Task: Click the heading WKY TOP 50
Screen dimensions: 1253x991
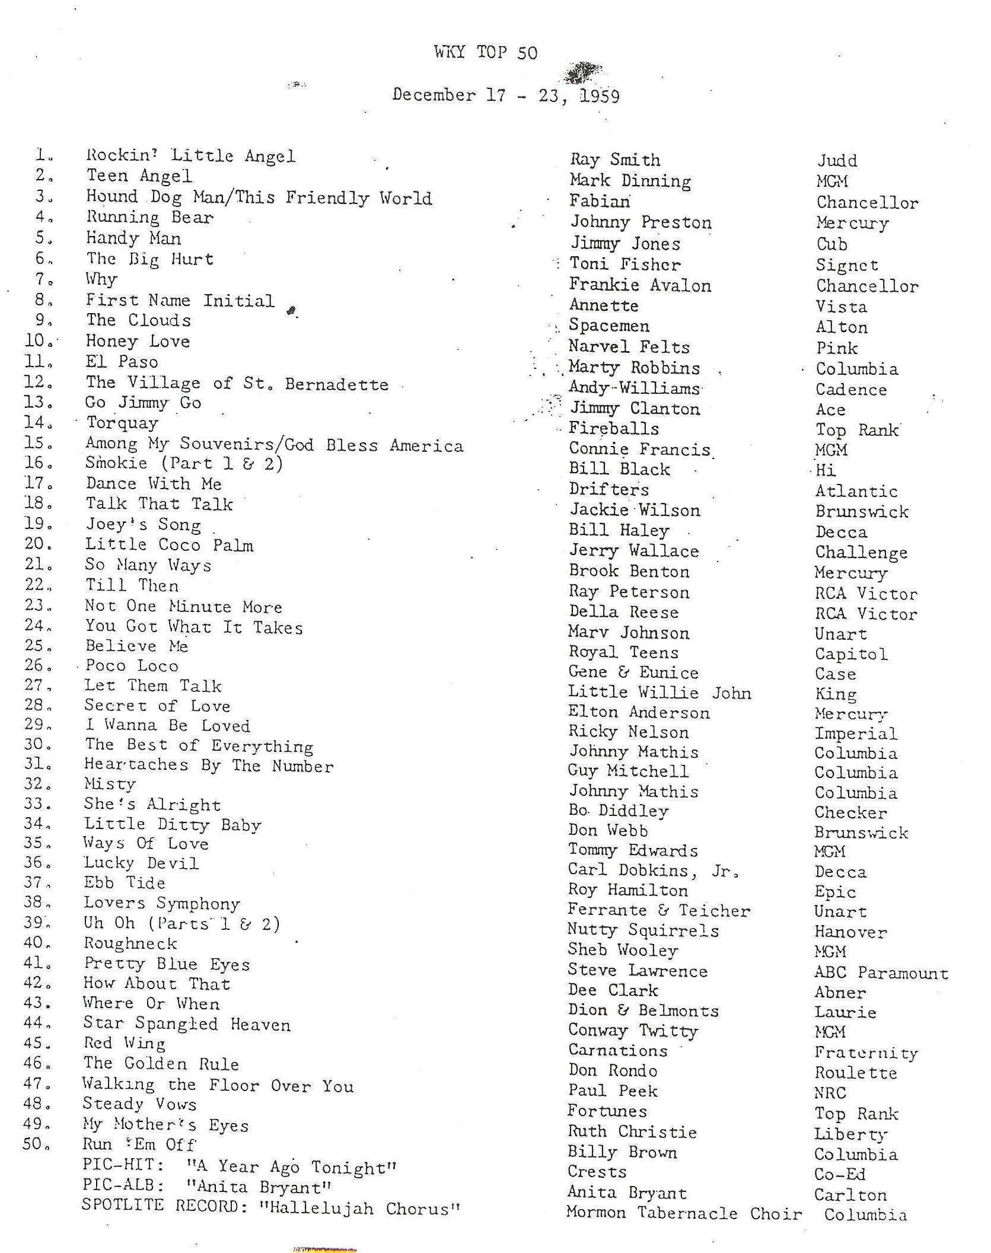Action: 485,53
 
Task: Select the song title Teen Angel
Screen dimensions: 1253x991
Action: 139,176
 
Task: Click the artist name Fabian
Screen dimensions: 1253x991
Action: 599,202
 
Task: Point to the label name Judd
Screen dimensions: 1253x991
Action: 837,161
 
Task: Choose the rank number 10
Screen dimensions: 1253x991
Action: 37,341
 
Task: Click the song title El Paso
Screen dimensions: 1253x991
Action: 122,362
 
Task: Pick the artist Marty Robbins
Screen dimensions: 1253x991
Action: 633,368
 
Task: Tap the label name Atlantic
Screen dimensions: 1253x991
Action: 856,491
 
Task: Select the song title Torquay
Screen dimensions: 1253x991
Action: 122,423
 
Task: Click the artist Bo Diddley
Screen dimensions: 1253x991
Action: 618,811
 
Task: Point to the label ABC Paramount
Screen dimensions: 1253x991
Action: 881,973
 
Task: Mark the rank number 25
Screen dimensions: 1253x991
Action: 37,646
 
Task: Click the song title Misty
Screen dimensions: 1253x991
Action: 110,784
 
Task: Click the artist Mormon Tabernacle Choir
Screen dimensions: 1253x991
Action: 684,1213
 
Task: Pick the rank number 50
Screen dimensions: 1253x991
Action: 36,1144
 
